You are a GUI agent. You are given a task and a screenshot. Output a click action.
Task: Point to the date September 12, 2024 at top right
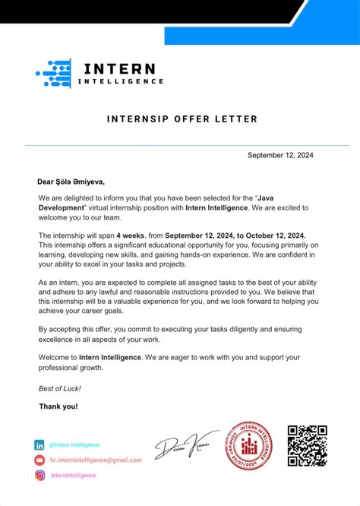coord(279,155)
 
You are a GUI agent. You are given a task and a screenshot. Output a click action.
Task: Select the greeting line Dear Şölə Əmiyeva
coord(71,182)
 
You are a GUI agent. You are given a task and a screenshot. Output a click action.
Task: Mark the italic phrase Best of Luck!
coord(59,388)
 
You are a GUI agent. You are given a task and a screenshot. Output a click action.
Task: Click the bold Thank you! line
coord(58,406)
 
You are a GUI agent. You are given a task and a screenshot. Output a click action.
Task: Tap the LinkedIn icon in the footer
coord(39,445)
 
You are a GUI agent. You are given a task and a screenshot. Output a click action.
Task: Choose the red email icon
coord(39,460)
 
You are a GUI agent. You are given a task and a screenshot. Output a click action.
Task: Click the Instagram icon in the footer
coord(39,476)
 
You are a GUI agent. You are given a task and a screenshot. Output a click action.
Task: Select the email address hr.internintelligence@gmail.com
coord(96,460)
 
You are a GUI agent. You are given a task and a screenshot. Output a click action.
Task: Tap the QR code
coord(307,445)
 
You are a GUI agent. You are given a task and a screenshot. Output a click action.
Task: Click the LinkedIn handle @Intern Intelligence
coord(74,445)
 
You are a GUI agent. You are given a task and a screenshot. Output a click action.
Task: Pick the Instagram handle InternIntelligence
coord(73,476)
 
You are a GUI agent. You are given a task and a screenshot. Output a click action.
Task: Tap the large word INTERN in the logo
coord(121,68)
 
